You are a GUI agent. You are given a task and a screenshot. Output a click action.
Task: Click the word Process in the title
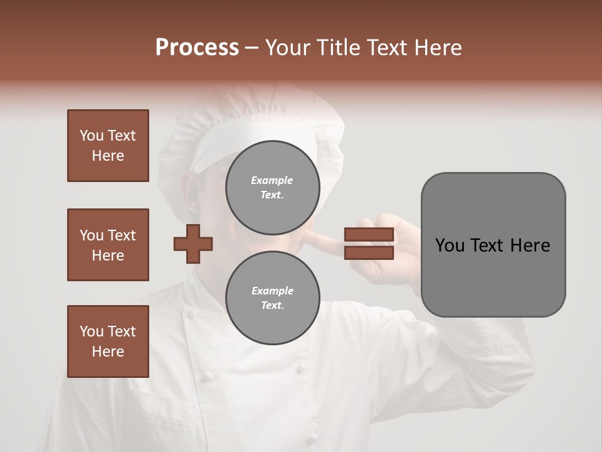[197, 48]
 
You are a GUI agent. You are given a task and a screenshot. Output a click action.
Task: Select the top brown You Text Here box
[108, 146]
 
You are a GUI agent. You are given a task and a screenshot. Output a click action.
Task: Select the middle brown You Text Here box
[108, 245]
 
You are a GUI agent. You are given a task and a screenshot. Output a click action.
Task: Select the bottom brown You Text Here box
[108, 342]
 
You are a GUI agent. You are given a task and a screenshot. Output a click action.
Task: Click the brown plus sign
[193, 244]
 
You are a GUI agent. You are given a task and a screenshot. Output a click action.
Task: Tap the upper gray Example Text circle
[272, 188]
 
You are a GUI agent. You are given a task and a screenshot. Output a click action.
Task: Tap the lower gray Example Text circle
[272, 298]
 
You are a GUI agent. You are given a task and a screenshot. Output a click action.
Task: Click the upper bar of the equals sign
[369, 235]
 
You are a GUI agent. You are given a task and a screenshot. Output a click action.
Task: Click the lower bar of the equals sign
[369, 253]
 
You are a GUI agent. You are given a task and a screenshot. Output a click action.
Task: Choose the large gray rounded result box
[493, 245]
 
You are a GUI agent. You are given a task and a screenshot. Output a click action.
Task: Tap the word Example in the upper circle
[272, 180]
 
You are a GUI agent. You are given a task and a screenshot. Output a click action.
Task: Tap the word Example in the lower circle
[272, 291]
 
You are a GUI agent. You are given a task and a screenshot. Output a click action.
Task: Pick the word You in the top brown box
[92, 136]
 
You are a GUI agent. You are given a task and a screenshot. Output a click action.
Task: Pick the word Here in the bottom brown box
[108, 352]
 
